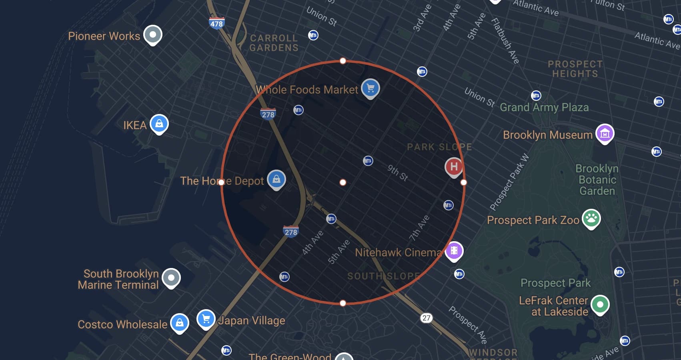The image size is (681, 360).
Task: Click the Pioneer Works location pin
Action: click(x=152, y=34)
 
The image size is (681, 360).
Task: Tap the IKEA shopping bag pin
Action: click(x=159, y=124)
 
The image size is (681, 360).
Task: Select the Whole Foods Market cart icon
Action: click(x=370, y=88)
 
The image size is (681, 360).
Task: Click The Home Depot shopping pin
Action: click(x=276, y=180)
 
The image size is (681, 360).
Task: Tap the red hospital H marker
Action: click(x=454, y=166)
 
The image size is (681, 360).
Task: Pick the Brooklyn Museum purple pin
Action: click(x=605, y=133)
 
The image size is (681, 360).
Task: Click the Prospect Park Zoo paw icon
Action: click(x=591, y=218)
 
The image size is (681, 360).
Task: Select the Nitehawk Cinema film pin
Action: click(x=454, y=251)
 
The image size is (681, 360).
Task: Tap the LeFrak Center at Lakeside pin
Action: click(x=599, y=304)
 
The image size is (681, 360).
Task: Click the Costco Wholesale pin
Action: click(x=180, y=322)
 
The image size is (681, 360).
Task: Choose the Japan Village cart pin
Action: click(x=206, y=319)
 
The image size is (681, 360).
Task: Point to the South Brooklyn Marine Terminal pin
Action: click(x=171, y=277)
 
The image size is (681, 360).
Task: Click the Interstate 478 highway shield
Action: click(x=216, y=23)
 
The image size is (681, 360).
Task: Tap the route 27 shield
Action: click(x=427, y=318)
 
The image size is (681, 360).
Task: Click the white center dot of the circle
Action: click(x=343, y=182)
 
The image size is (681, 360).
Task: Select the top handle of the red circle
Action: click(x=343, y=61)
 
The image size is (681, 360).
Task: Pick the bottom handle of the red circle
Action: click(x=343, y=303)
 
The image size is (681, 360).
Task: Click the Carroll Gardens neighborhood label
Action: click(x=274, y=43)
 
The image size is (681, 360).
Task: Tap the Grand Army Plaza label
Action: click(x=544, y=107)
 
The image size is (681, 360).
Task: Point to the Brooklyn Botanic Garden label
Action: click(x=597, y=180)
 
